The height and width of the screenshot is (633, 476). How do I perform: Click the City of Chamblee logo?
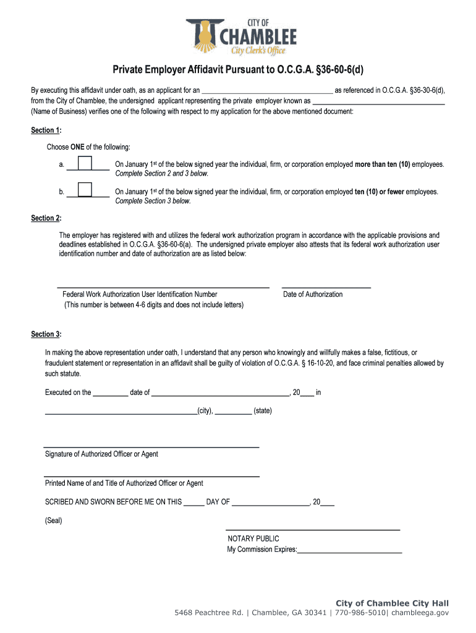[x=241, y=36]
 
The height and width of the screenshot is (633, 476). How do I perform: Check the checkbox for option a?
[x=85, y=163]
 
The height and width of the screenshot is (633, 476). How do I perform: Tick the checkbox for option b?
[x=85, y=190]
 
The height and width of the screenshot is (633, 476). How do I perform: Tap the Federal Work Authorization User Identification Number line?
[x=163, y=287]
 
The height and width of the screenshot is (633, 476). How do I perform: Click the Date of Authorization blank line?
[x=326, y=287]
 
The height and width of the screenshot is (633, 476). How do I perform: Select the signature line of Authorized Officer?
[x=151, y=446]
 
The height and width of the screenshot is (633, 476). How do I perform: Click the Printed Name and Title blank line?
[x=151, y=475]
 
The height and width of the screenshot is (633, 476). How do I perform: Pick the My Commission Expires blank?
[x=350, y=550]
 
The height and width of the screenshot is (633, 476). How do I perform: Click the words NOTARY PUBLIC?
[x=253, y=538]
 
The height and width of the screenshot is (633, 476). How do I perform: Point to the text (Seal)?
[x=54, y=520]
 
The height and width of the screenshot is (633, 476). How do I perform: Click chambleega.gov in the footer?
[x=420, y=613]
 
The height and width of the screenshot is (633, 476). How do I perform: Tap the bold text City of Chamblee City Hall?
[x=392, y=603]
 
